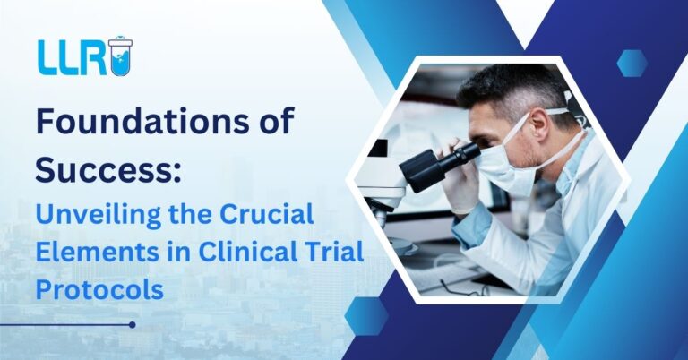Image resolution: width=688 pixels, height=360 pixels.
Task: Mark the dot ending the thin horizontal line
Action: (x=132, y=324)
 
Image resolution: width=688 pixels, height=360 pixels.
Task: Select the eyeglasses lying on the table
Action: (x=466, y=287)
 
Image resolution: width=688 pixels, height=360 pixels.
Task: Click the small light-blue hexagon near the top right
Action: (x=632, y=62)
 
